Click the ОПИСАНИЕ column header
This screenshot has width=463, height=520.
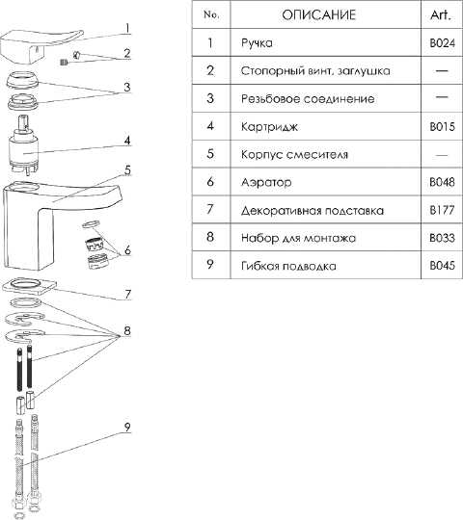[x=319, y=14]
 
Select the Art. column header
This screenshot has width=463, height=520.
[x=441, y=14]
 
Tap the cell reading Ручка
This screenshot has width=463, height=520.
[x=257, y=43]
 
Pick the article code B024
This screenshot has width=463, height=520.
[x=442, y=43]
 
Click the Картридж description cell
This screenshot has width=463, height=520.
[x=269, y=127]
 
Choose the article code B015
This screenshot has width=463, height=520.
[x=442, y=127]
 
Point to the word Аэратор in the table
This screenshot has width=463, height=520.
[x=266, y=182]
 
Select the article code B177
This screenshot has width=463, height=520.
[x=442, y=210]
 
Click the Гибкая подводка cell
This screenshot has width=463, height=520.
[x=288, y=266]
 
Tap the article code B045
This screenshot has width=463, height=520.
[x=442, y=266]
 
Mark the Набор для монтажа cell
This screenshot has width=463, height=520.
[x=298, y=238]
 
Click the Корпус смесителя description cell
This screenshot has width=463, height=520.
[x=294, y=154]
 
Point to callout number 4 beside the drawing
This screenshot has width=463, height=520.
[x=127, y=141]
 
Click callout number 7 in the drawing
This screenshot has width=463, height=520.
[x=128, y=294]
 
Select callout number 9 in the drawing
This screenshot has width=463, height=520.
[x=127, y=427]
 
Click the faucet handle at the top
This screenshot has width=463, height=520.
[x=40, y=47]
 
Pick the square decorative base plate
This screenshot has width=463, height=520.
[x=29, y=287]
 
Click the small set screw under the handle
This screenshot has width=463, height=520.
[x=65, y=62]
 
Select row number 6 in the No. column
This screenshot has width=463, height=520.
[x=210, y=182]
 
